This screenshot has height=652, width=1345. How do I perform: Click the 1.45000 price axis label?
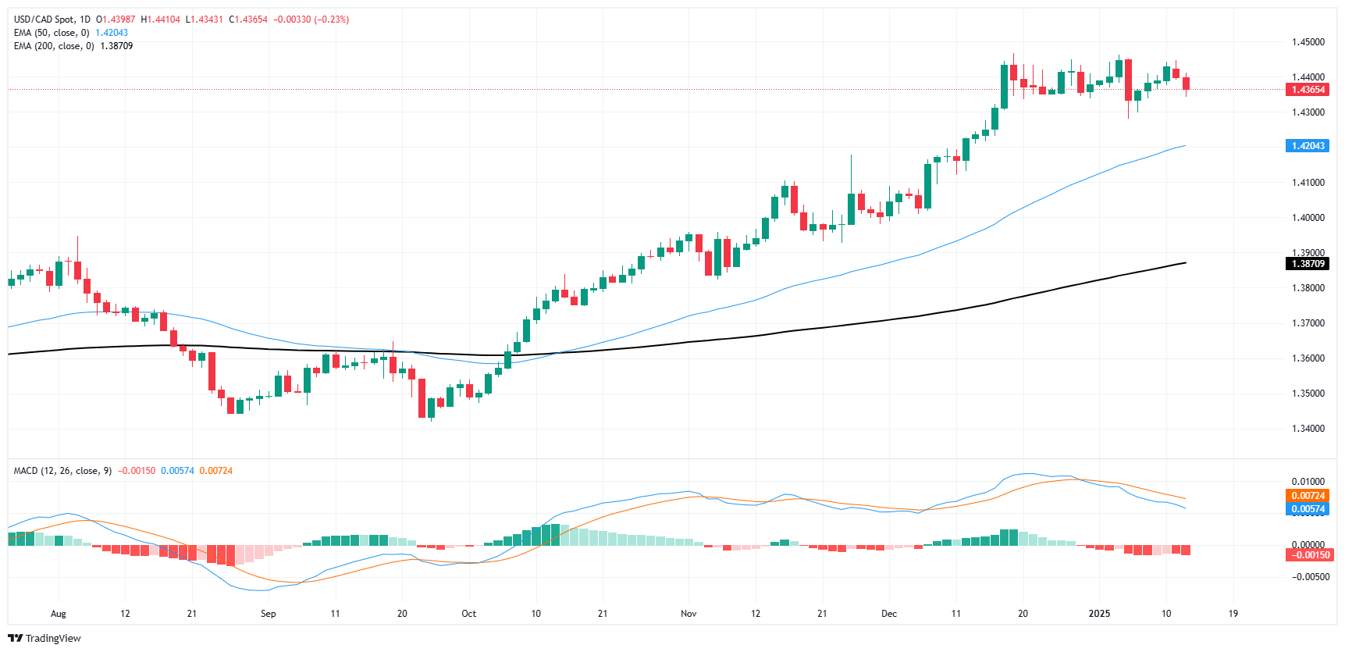1308,42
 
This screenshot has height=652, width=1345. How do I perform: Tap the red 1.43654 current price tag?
1308,90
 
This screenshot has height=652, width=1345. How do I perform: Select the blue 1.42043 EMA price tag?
1308,146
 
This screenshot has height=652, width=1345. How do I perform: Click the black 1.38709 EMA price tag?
1308,264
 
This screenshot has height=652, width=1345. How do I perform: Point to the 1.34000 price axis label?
1308,429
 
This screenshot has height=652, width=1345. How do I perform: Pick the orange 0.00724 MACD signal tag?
1308,496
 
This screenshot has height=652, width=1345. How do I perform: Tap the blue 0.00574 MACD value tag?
1308,509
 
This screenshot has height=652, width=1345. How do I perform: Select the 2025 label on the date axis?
1099,614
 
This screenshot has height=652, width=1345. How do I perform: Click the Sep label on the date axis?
268,614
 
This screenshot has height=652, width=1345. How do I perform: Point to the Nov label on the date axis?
689,614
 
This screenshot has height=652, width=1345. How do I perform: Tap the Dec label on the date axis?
889,614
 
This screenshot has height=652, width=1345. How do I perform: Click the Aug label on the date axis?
59,614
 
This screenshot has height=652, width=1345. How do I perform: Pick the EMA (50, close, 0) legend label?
52,33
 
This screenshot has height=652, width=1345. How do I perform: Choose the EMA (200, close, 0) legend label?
54,46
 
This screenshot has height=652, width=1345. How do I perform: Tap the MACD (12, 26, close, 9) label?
62,471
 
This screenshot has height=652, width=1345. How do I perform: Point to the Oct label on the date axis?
468,614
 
